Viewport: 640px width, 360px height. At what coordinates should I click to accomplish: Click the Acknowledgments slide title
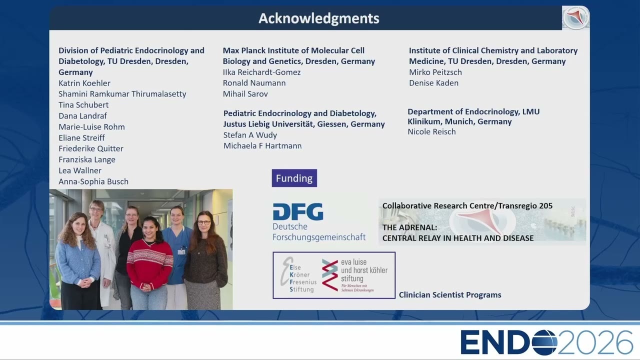coord(319,18)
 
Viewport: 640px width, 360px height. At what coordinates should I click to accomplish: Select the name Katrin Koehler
coord(84,83)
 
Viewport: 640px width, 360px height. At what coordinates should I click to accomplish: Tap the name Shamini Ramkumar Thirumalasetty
coord(122,94)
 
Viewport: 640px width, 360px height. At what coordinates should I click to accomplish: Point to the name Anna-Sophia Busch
coord(93,181)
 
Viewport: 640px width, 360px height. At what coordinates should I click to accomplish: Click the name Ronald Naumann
coord(254,83)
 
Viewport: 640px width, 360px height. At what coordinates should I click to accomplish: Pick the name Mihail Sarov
coord(245,93)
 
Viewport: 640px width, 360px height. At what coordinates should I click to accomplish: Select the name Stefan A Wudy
coord(250,135)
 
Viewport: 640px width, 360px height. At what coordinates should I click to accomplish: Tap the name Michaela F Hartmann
coord(262,145)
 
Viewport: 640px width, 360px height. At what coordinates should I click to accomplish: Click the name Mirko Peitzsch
coord(435,72)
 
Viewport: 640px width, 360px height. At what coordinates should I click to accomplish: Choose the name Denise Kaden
coord(433,83)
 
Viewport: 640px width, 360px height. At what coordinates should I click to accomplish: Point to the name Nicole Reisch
coord(431,131)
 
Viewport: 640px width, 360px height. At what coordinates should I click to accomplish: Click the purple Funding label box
coord(294,178)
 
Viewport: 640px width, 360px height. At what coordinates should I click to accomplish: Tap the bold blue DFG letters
coord(298,211)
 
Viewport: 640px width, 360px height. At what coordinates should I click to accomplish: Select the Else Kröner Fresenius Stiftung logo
coord(299,275)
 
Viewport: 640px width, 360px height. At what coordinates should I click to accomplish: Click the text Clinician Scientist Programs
coord(450,295)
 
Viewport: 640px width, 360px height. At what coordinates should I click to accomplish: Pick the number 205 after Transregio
coord(546,205)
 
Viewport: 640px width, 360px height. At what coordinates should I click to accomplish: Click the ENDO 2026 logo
coord(546,342)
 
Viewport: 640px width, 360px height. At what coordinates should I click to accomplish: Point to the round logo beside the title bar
coord(575,17)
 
